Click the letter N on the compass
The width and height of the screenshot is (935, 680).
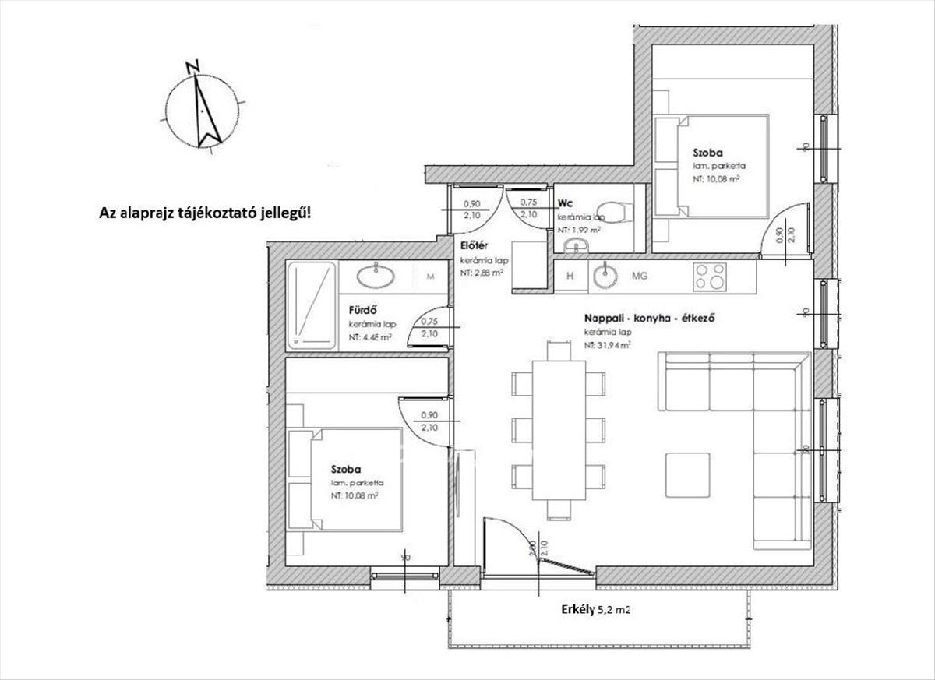point(193,66)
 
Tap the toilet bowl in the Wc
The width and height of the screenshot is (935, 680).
point(619,210)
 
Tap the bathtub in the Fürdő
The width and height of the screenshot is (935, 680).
point(312,305)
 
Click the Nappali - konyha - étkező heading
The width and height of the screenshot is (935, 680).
point(650,319)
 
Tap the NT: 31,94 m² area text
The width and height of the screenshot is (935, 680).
point(608,344)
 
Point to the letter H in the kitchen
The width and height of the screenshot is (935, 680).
point(570,275)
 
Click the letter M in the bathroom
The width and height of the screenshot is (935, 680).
point(430,275)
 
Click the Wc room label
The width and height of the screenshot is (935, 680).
point(565,204)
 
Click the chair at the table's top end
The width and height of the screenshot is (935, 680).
point(559,352)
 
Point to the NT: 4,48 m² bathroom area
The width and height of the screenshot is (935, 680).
point(370,338)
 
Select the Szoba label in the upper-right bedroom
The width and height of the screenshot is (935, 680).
point(707,153)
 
